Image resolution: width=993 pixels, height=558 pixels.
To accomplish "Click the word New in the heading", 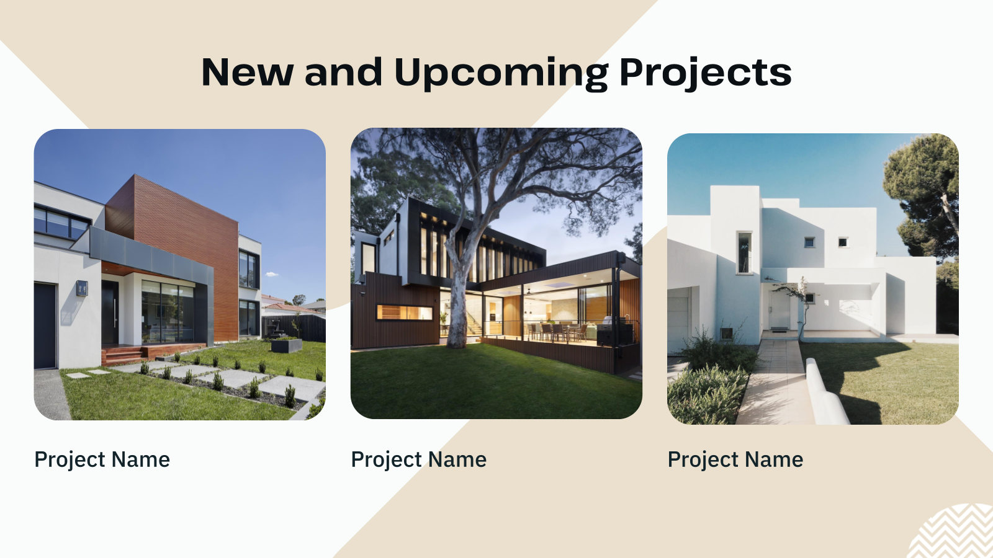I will [x=247, y=73].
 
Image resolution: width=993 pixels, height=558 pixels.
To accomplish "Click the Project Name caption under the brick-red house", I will [x=102, y=460].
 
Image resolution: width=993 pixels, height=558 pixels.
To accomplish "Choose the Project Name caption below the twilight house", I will [x=419, y=460].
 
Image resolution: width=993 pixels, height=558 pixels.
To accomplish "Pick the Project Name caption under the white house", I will [x=735, y=460].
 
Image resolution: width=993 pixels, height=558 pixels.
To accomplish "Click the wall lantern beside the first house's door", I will [x=82, y=288].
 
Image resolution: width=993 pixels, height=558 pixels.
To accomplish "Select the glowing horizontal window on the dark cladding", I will [x=404, y=312].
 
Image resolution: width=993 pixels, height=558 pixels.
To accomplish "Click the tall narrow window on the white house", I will [x=744, y=252].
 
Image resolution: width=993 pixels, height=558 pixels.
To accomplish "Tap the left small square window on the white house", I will [x=809, y=242].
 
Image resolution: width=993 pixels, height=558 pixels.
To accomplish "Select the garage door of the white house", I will [x=678, y=316].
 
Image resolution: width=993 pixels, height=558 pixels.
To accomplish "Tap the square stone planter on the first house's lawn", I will [x=287, y=345].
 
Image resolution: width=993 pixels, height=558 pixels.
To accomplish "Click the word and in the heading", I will [x=343, y=73].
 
